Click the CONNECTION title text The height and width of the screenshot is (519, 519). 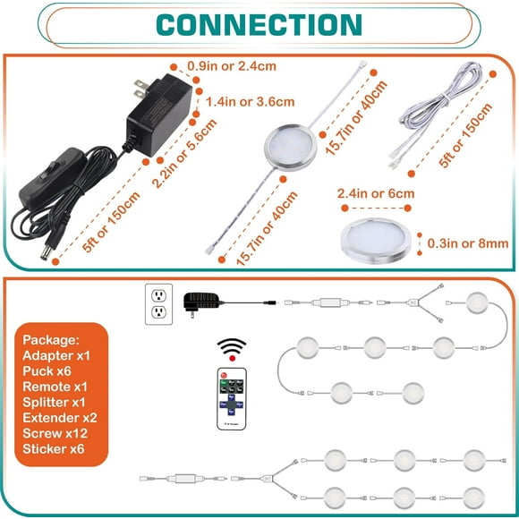259,25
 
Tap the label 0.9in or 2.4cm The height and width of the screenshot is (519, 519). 232,66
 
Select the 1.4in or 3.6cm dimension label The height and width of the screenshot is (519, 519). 251,102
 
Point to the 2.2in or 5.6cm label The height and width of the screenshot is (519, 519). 184,153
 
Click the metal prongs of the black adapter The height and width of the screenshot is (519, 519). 140,89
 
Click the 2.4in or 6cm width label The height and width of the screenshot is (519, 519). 376,193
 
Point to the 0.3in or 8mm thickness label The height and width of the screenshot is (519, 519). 468,243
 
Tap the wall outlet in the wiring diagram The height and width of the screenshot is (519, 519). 159,304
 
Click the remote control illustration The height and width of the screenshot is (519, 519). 232,399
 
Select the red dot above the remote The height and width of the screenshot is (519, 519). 233,359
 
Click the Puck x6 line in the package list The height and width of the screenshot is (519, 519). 47,371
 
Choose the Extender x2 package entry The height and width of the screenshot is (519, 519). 60,418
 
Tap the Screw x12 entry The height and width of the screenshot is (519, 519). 55,433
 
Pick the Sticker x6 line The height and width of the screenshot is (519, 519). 54,449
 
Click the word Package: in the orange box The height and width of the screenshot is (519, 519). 51,340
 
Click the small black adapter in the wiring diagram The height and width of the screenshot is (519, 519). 202,302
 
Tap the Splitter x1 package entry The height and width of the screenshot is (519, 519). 54,402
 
